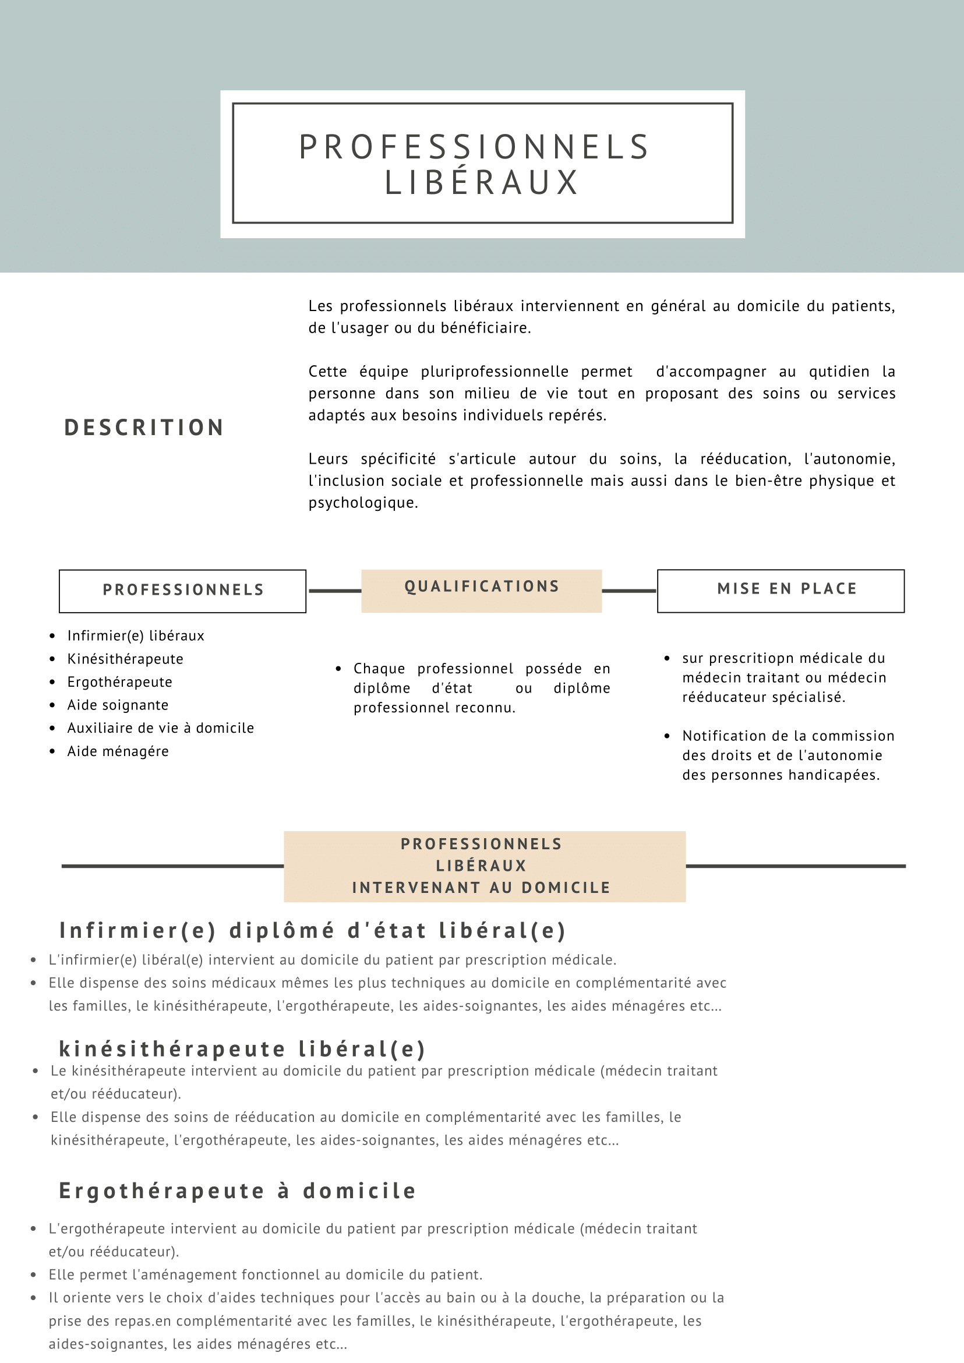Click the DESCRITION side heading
[144, 428]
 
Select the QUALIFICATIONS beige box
[481, 590]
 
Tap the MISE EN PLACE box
[781, 590]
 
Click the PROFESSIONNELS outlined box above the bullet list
[183, 591]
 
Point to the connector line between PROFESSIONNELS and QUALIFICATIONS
[335, 591]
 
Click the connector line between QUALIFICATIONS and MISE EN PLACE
[629, 591]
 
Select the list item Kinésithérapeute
[125, 659]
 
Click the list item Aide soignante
[118, 705]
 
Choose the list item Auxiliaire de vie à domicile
[160, 729]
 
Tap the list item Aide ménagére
[118, 751]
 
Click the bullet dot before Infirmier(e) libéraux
[53, 637]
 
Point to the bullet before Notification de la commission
[667, 736]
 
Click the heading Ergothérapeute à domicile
[238, 1191]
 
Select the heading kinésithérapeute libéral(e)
[242, 1049]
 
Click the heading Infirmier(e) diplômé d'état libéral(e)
[312, 930]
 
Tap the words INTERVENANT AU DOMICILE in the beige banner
[481, 888]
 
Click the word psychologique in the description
[363, 503]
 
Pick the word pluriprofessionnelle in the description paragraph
[495, 372]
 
